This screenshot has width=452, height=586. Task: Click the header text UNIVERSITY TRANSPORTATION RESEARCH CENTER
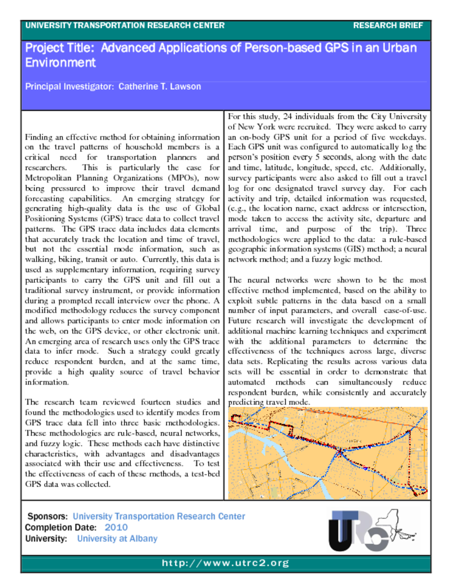click(x=125, y=26)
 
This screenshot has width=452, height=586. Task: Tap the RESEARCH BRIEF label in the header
click(x=388, y=26)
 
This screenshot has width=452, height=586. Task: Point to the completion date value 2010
click(x=116, y=528)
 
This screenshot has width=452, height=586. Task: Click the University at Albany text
click(x=117, y=539)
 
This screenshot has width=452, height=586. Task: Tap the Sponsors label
click(x=48, y=517)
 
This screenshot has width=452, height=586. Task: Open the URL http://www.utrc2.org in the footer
click(x=226, y=564)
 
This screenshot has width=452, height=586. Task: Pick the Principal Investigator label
click(x=69, y=87)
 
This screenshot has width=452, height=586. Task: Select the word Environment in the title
click(x=60, y=63)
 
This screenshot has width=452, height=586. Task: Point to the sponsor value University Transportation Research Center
click(x=159, y=517)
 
